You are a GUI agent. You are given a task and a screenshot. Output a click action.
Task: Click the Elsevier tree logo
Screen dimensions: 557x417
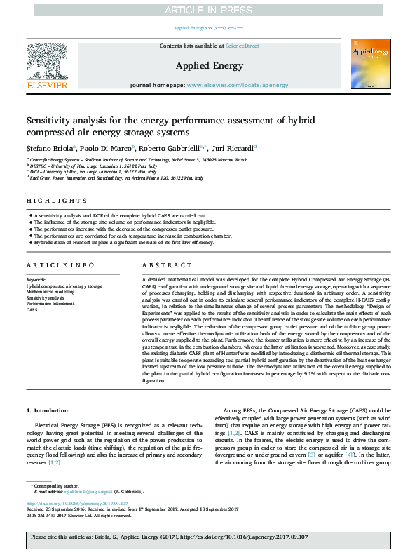(47, 62)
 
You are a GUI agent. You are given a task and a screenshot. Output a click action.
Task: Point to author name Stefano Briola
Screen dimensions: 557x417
(50, 147)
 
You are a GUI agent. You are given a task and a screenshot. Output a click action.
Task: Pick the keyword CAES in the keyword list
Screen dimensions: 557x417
(33, 309)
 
